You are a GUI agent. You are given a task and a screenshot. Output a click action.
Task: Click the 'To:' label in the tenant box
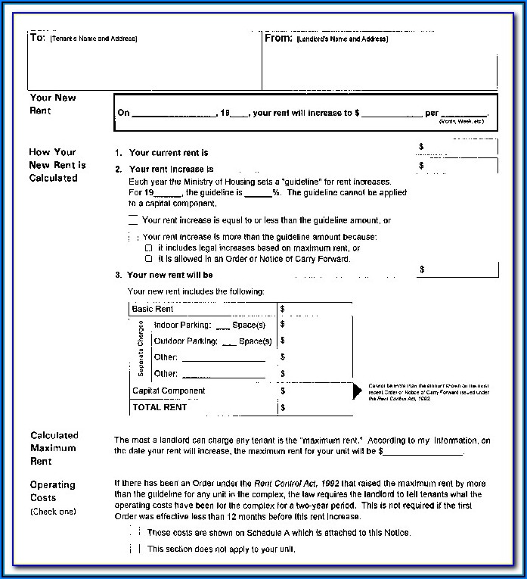(38, 37)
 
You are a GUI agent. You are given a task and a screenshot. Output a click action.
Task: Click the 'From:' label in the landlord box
(278, 37)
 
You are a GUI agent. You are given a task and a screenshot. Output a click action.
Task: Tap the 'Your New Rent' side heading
(53, 104)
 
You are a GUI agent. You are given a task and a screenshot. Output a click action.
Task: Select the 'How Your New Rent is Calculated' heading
(57, 165)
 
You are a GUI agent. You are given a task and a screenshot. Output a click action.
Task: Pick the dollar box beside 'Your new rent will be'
(457, 269)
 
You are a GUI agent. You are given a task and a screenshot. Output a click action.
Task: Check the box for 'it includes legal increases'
(149, 248)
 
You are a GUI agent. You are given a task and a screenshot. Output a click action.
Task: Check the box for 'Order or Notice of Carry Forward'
(149, 259)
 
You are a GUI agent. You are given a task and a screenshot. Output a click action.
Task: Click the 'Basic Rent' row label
(153, 309)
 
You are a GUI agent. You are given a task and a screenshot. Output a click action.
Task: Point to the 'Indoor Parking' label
(182, 325)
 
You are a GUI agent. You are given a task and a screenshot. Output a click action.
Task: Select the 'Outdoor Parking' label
(185, 341)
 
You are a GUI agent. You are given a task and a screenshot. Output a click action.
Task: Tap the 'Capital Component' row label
(169, 391)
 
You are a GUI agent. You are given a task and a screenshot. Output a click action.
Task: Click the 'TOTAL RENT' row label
(160, 407)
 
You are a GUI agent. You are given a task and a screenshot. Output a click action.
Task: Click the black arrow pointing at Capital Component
(358, 391)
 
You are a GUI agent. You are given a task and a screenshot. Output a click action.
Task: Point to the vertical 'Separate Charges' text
(141, 349)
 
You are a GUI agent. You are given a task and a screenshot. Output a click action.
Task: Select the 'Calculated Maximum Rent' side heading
(54, 448)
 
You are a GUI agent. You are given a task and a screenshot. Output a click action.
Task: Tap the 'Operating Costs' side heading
(53, 491)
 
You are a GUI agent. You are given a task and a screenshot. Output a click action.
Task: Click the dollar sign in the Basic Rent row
(282, 309)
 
